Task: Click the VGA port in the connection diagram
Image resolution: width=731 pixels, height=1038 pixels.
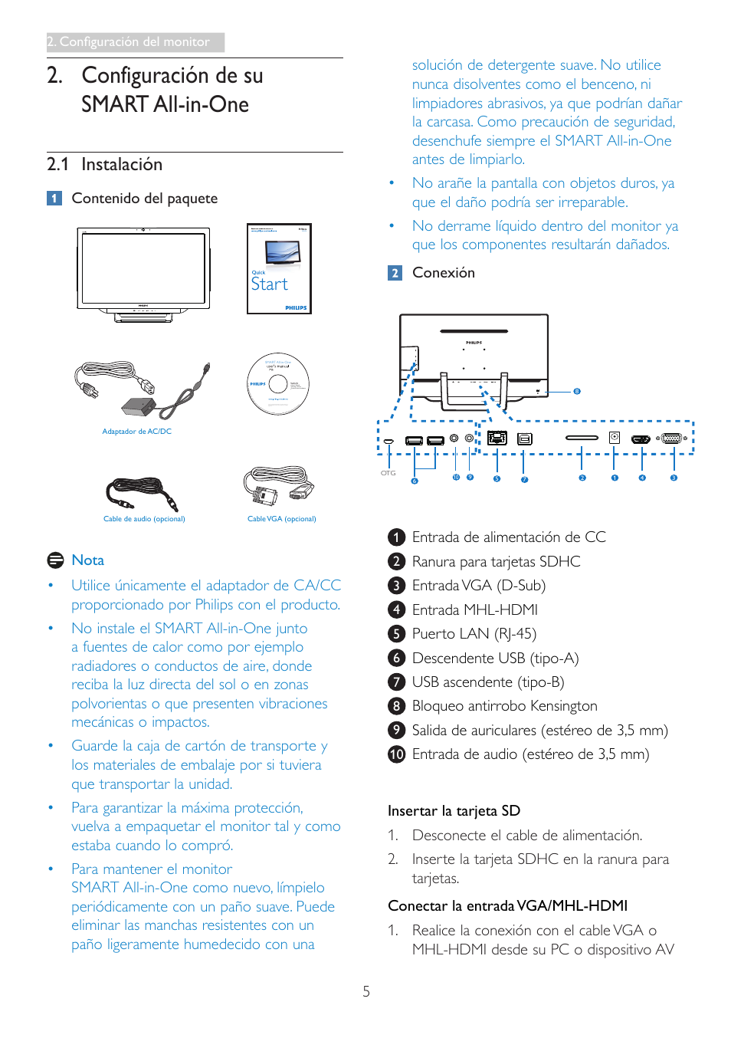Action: [672, 439]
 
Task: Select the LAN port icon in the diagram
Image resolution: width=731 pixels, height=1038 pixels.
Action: [497, 438]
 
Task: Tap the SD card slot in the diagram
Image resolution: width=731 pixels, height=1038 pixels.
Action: [582, 438]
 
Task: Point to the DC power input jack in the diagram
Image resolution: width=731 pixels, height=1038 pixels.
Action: [614, 438]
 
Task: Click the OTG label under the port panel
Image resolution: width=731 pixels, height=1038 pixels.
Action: [388, 473]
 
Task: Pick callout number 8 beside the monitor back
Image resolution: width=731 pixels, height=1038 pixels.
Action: [577, 391]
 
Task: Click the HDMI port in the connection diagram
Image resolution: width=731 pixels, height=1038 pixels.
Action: [641, 439]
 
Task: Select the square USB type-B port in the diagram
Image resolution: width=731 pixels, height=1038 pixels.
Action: [524, 439]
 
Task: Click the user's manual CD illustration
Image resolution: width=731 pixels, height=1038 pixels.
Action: [277, 383]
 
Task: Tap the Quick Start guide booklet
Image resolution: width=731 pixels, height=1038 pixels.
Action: [279, 268]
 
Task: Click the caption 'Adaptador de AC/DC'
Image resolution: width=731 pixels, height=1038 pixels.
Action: [137, 432]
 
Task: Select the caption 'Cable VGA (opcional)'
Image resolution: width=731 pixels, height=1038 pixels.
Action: [281, 519]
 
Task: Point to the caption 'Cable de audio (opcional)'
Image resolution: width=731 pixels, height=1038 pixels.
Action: [144, 519]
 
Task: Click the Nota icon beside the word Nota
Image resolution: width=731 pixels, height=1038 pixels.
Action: [55, 560]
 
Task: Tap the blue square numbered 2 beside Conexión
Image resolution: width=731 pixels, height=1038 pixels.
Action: [395, 273]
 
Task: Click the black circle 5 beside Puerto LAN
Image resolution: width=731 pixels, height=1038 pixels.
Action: [396, 634]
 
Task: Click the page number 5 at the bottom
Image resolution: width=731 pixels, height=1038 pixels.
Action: [366, 991]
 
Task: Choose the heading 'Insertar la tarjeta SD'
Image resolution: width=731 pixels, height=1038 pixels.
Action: [454, 811]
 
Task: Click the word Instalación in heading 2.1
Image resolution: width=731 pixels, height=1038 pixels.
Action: [122, 165]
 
